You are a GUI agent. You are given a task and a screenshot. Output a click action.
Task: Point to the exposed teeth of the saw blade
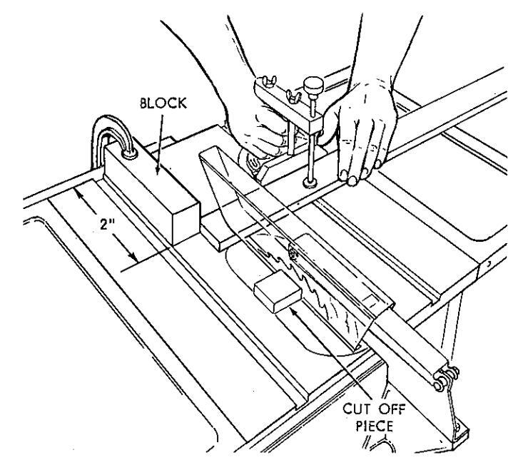click(x=314, y=285)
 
